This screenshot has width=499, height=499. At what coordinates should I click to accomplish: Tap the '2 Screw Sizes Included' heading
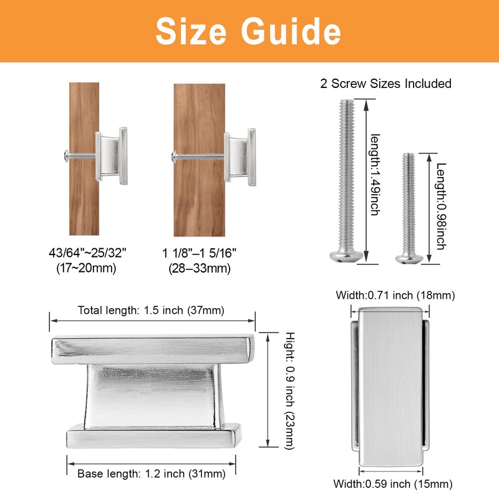tap(385, 83)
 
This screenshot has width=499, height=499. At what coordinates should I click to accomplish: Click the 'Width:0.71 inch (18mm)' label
tap(395, 295)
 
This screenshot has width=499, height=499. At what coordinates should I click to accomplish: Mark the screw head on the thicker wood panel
tap(172, 155)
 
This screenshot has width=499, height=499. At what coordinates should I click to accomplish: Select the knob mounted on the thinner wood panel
tap(113, 156)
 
